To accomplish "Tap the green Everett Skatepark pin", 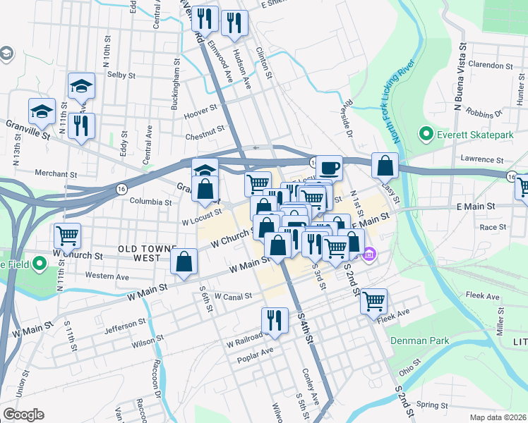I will coord(426,133).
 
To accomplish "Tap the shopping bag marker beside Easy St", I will coord(385,166).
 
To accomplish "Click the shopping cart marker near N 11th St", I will coord(68,235).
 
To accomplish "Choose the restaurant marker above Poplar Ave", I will coord(275,320).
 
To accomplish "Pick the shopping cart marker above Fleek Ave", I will coord(373,301).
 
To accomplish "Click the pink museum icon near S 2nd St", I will coord(369,255).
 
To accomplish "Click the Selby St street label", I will coord(121,74).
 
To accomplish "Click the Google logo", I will coord(23,415).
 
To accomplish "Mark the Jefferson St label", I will coord(124,325).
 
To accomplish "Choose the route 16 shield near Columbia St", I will coord(122,189).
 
